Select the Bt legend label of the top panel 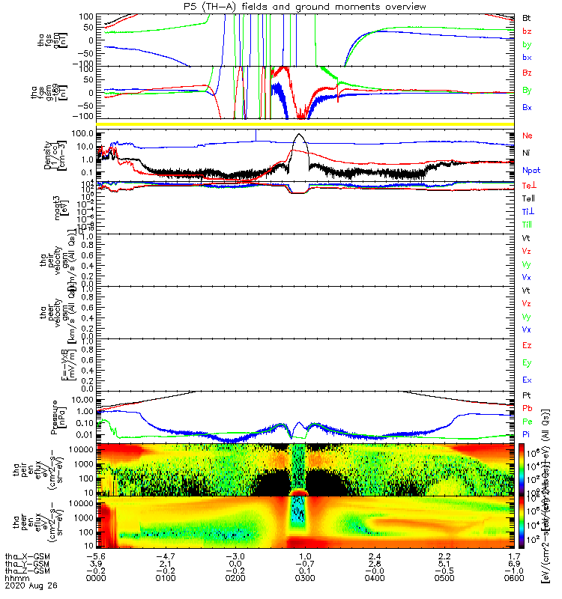point(527,17)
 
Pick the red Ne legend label point(528,136)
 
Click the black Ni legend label point(527,153)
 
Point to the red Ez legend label point(527,346)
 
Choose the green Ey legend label point(527,363)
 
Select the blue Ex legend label point(527,380)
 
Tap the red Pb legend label point(527,410)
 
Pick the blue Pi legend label point(527,434)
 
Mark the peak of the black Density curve point(300,135)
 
